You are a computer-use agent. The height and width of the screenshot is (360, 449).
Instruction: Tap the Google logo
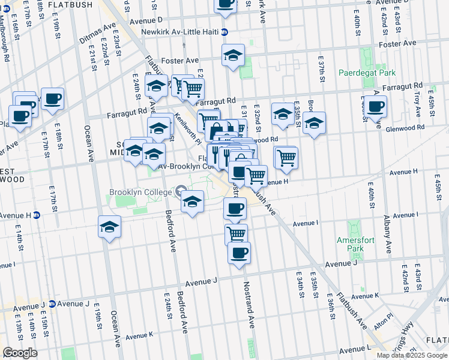[x=20, y=353]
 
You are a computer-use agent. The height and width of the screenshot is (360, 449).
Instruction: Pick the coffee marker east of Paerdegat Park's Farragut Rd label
[x=376, y=107]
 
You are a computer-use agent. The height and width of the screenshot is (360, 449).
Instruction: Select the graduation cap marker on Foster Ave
[x=233, y=56]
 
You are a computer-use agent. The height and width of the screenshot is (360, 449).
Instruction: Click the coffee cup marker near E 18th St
[x=52, y=98]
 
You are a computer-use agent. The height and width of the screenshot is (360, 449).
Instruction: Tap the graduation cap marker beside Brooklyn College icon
[x=192, y=202]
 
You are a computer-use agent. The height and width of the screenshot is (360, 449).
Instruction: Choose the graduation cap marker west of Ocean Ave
[x=109, y=227]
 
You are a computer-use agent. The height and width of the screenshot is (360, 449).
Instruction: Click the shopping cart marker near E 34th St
[x=286, y=157]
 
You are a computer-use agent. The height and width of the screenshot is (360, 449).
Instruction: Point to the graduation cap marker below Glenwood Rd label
[x=314, y=123]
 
